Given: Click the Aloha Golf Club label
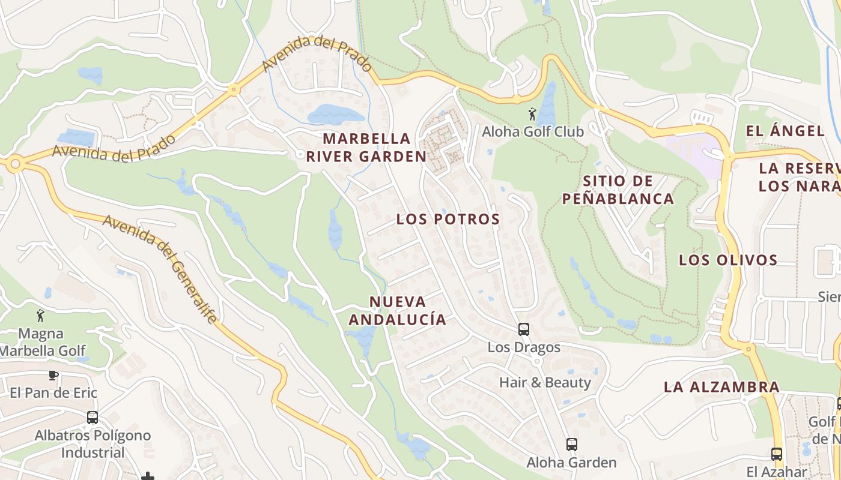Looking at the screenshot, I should click(x=533, y=131).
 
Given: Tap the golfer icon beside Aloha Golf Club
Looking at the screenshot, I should click(x=532, y=114).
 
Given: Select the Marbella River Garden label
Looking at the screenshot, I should click(x=366, y=148).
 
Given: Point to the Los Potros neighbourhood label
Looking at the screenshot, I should click(x=448, y=220).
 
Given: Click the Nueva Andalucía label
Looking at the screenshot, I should click(x=398, y=311).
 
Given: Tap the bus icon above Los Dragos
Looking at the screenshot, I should click(x=524, y=329).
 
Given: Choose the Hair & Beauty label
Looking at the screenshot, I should click(x=545, y=382).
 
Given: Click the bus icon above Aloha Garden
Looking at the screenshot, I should click(x=571, y=445).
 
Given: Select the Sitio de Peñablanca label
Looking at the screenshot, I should click(x=618, y=190).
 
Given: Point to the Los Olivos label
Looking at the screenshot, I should click(x=728, y=260).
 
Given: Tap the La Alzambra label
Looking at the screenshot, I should click(x=721, y=387).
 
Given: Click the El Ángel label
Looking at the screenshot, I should click(x=785, y=131).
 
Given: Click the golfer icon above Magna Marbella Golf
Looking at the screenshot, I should click(x=40, y=316).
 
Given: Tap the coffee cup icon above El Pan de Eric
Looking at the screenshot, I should click(x=53, y=376).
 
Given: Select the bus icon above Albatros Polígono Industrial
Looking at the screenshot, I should click(x=92, y=417).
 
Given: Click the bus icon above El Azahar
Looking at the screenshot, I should click(x=777, y=454).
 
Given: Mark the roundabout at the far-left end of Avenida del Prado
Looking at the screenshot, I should click(x=14, y=163).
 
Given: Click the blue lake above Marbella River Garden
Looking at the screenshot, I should click(x=334, y=113).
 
